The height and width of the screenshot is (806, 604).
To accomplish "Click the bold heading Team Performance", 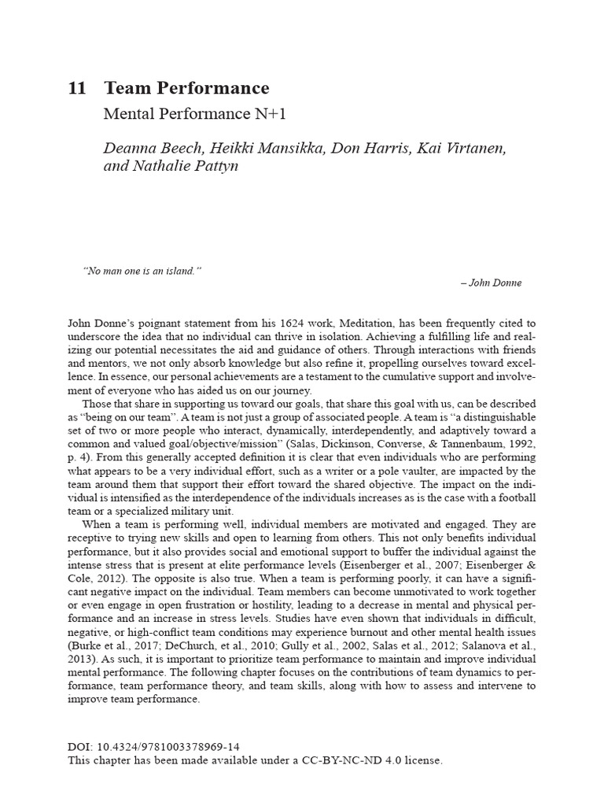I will click(186, 89).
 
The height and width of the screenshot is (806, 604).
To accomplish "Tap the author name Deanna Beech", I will click(148, 146).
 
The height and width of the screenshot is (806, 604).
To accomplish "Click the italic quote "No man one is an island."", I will click(142, 270).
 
